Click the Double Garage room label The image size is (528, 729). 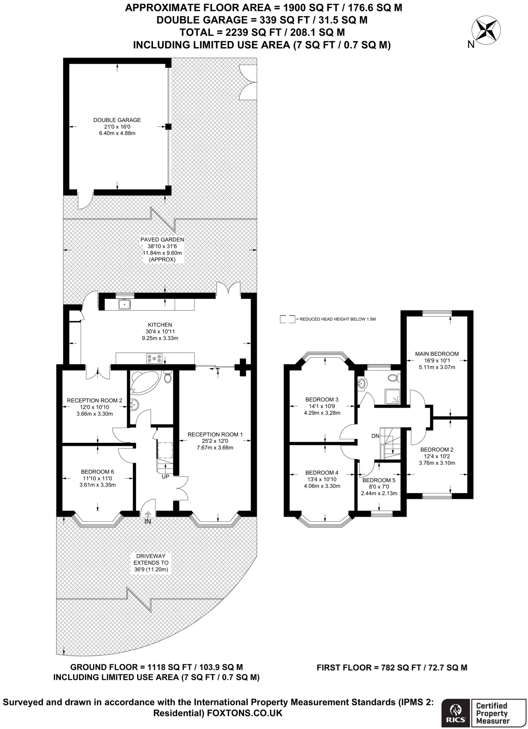click(117, 120)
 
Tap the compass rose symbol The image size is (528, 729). click(486, 30)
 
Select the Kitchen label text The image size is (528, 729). click(160, 325)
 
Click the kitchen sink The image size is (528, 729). click(124, 304)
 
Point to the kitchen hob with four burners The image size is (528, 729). click(155, 358)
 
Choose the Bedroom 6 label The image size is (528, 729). click(98, 472)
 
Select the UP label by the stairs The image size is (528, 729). click(166, 476)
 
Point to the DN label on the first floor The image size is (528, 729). click(375, 436)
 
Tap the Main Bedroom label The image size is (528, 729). click(437, 354)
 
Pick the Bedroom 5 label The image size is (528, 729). click(379, 480)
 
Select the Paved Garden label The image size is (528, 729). click(162, 240)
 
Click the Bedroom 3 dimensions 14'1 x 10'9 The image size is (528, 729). click(322, 406)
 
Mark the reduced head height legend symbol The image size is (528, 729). click(288, 319)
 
